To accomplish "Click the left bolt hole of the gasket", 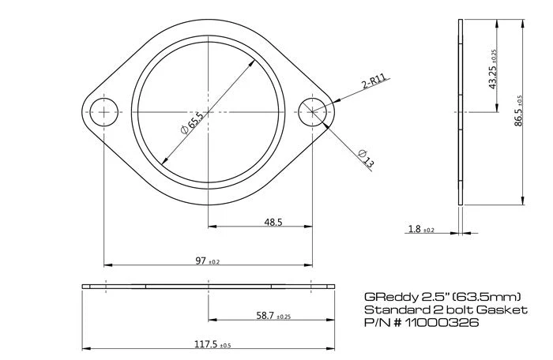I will pos(103,112).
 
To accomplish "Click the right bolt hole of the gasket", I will pos(313,112).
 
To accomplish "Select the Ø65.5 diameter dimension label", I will pos(192,123).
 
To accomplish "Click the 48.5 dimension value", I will pos(273,223).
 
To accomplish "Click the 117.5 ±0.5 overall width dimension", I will pos(208,343).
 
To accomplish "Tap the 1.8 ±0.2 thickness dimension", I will pos(421,229).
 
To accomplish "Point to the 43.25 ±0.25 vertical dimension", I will pos(494,67).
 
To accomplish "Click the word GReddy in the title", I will pos(387,297).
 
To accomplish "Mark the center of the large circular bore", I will pos(208,112).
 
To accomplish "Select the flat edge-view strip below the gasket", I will pos(208,285).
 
